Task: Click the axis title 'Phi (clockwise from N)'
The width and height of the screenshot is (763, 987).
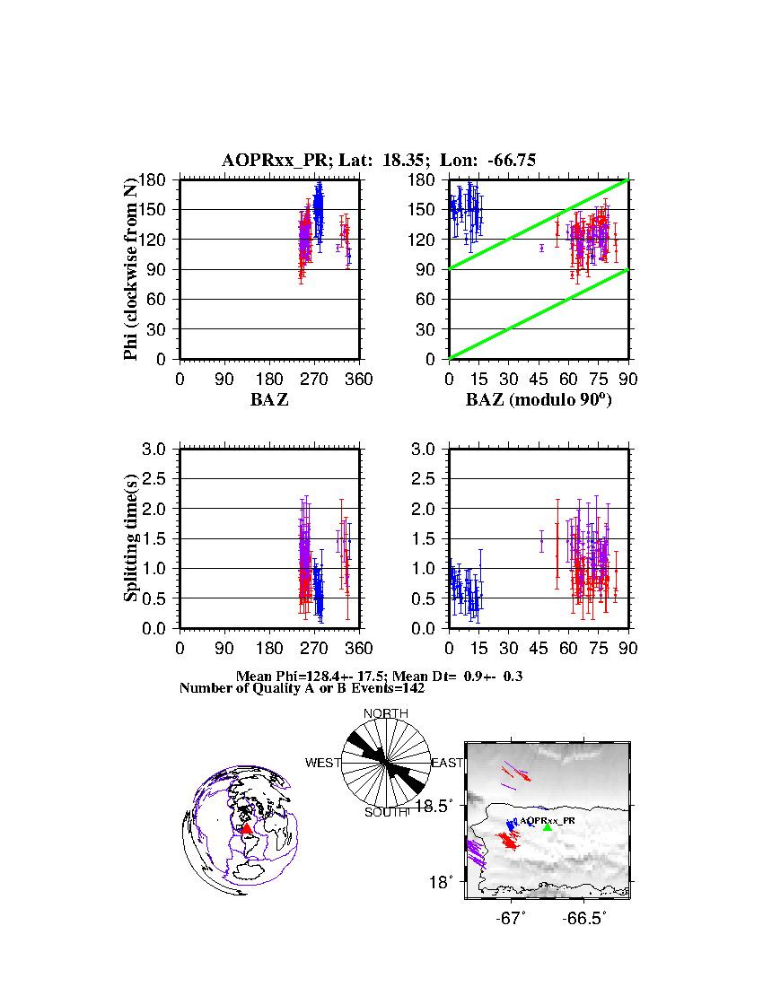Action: pyautogui.click(x=132, y=268)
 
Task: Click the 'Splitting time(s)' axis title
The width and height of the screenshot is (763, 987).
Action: pyautogui.click(x=132, y=537)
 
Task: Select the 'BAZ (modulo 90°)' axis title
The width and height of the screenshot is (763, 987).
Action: pyautogui.click(x=539, y=400)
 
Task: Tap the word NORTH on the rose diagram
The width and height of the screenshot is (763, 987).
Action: pyautogui.click(x=385, y=713)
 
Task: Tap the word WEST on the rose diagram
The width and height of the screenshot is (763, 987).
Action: pyautogui.click(x=323, y=763)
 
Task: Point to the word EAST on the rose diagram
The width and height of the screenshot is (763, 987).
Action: pyautogui.click(x=447, y=763)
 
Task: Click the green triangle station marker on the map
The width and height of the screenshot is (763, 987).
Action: pyautogui.click(x=548, y=827)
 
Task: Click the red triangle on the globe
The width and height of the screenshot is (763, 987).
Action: pyautogui.click(x=247, y=828)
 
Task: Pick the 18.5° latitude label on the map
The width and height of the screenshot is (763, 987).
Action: pyautogui.click(x=443, y=806)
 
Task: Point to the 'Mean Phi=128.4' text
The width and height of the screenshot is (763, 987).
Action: pyautogui.click(x=285, y=676)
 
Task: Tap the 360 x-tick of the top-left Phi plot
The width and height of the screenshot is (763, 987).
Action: pyautogui.click(x=359, y=379)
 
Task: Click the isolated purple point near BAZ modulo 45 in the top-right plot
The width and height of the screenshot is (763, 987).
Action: pyautogui.click(x=541, y=248)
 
